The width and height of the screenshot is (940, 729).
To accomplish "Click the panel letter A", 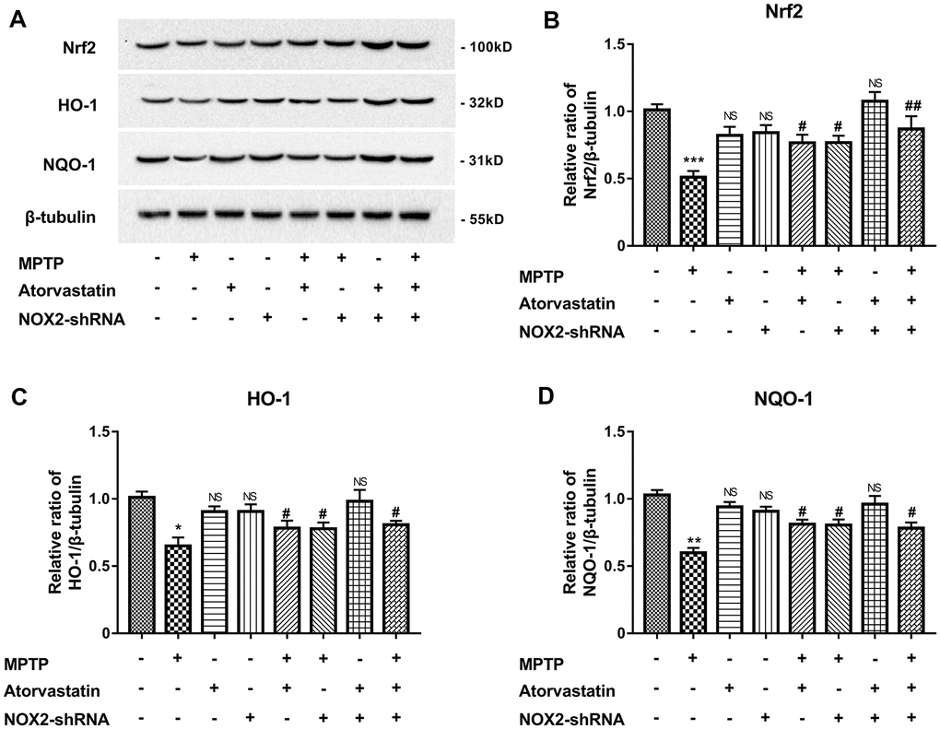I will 17,18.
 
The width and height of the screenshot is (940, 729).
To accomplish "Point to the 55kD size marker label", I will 481,218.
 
